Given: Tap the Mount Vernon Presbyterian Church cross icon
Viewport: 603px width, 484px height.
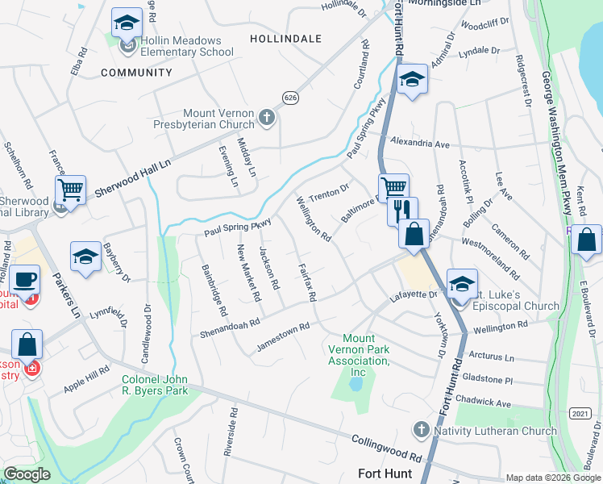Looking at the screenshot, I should tap(268, 119).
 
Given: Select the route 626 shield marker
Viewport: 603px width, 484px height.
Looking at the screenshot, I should tap(290, 97).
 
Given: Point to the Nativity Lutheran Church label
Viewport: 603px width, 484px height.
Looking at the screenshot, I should tap(495, 431).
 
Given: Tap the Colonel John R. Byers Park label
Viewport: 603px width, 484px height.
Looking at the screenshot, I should tap(155, 385).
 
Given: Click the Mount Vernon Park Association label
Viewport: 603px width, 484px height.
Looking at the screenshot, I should tap(359, 355).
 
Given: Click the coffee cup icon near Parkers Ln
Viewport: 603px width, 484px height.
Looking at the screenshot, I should tap(24, 279).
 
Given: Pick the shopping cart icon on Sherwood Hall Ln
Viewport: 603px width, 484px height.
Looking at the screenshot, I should tap(70, 190).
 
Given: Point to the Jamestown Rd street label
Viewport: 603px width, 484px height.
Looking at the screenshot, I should tap(283, 337).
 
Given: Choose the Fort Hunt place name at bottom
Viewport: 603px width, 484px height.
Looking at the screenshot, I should tap(385, 474).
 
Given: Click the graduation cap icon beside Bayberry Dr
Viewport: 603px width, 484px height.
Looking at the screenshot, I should tap(85, 257).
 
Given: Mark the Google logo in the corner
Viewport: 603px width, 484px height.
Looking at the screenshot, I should tap(27, 474).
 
